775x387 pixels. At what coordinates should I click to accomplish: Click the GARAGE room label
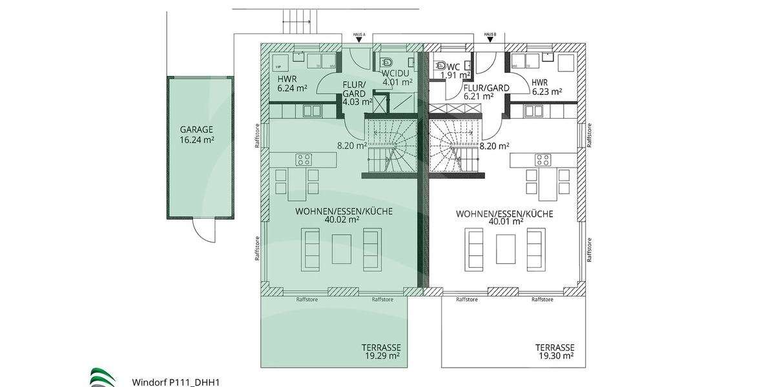[x=197, y=129]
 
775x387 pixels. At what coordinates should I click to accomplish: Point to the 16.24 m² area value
[x=197, y=139]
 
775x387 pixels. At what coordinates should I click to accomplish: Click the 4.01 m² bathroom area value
[x=397, y=82]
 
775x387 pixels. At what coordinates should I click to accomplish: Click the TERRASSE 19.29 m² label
[x=380, y=350]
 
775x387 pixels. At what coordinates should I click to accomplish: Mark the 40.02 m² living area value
[x=344, y=219]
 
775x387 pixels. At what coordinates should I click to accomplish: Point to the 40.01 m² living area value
[x=506, y=222]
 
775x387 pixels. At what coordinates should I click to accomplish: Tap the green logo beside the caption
[x=103, y=377]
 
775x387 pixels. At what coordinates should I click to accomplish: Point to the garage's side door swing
[x=205, y=230]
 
